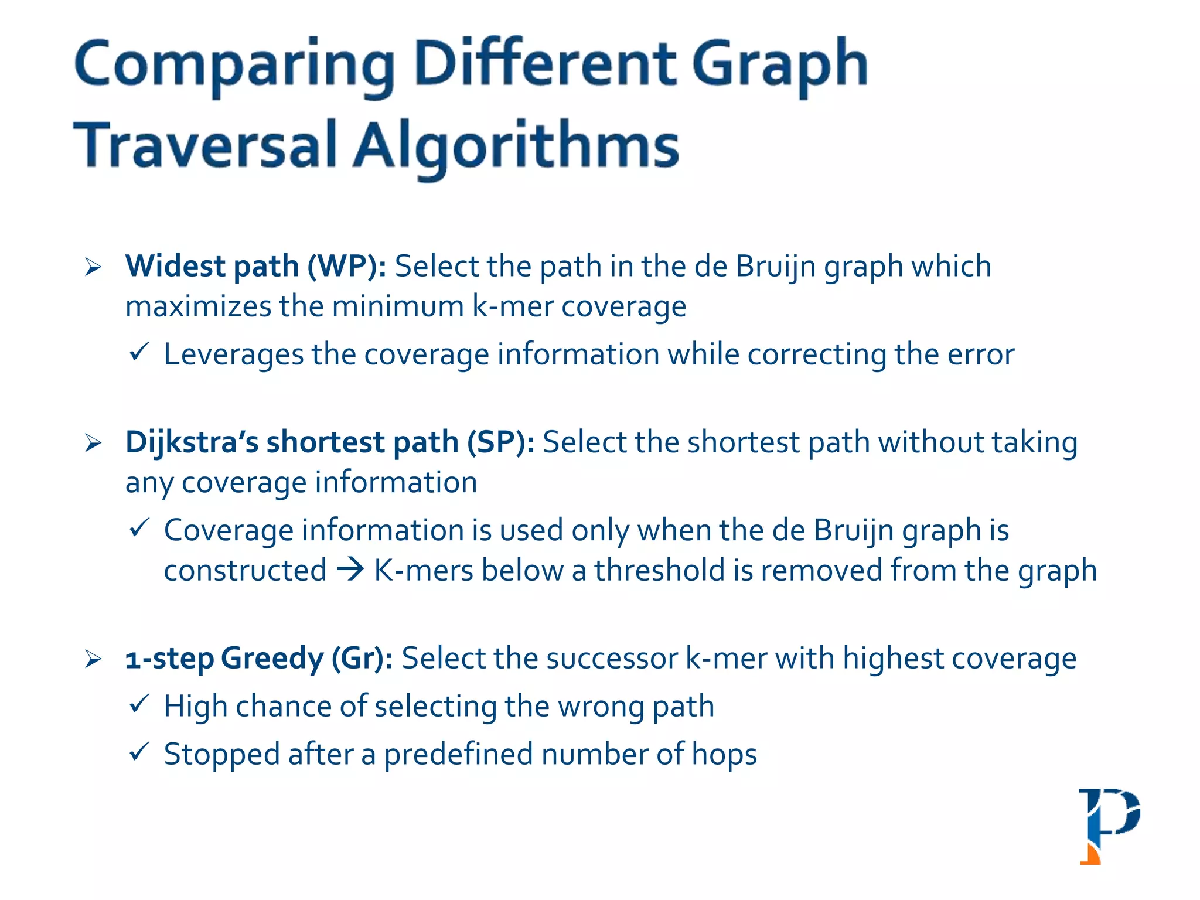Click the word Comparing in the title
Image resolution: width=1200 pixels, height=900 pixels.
coord(234,66)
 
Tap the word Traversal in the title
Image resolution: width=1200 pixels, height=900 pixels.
coord(204,146)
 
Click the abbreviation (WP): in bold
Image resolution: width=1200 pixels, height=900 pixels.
coord(347,267)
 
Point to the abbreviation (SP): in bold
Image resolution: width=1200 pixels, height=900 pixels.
coord(500,442)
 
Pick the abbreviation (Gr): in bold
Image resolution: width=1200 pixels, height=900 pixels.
coord(362,659)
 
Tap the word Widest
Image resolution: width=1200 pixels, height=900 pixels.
coord(175,266)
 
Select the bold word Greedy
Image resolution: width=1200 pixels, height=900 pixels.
coord(272,659)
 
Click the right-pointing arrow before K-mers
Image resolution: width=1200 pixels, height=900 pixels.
coord(350,570)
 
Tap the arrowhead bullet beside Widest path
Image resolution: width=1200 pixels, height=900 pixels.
coord(93,267)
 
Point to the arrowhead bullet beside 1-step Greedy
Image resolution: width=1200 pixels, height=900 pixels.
coord(93,659)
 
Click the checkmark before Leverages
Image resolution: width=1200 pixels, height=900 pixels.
coord(139,352)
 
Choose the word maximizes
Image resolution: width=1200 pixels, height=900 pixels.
coord(198,306)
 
